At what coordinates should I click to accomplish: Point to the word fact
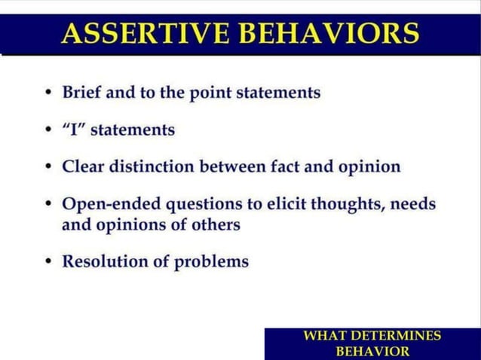coord(283,166)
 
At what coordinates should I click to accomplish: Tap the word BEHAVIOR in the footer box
coord(372,351)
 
